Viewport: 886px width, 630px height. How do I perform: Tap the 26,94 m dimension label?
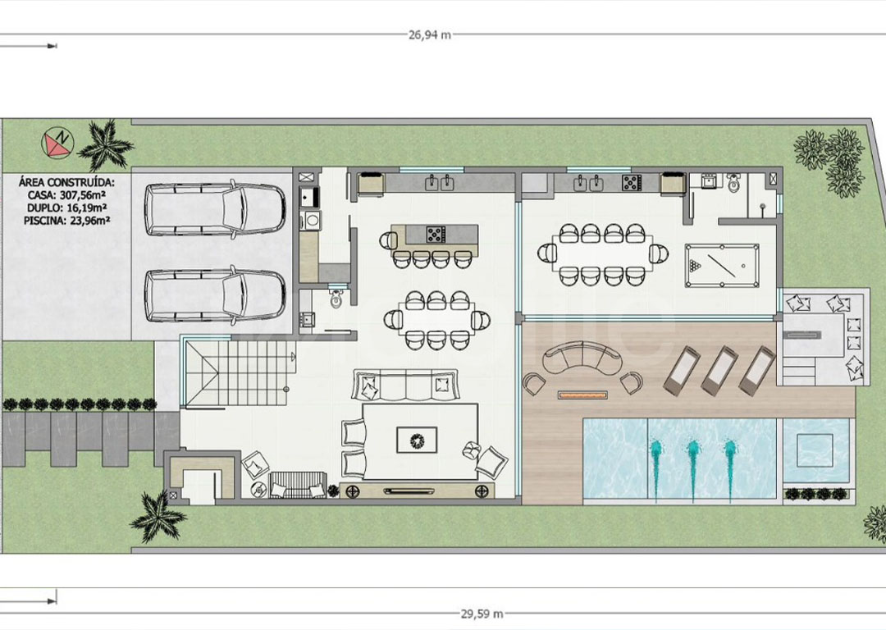(430, 34)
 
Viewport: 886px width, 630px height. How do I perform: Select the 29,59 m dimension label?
(482, 613)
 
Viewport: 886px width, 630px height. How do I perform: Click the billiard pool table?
(722, 265)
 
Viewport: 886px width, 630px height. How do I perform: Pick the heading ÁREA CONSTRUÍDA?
(66, 182)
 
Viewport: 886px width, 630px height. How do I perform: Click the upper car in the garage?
(215, 208)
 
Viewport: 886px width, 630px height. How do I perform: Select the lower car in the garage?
(215, 297)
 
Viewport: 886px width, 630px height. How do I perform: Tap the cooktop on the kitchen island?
(436, 234)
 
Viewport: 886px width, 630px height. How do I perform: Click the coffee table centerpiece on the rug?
(417, 440)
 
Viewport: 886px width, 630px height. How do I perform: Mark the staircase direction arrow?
(292, 357)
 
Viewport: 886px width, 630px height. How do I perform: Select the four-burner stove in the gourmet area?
(631, 182)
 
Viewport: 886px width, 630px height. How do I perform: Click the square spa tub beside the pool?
(815, 450)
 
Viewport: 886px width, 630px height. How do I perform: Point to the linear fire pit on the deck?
(584, 395)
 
